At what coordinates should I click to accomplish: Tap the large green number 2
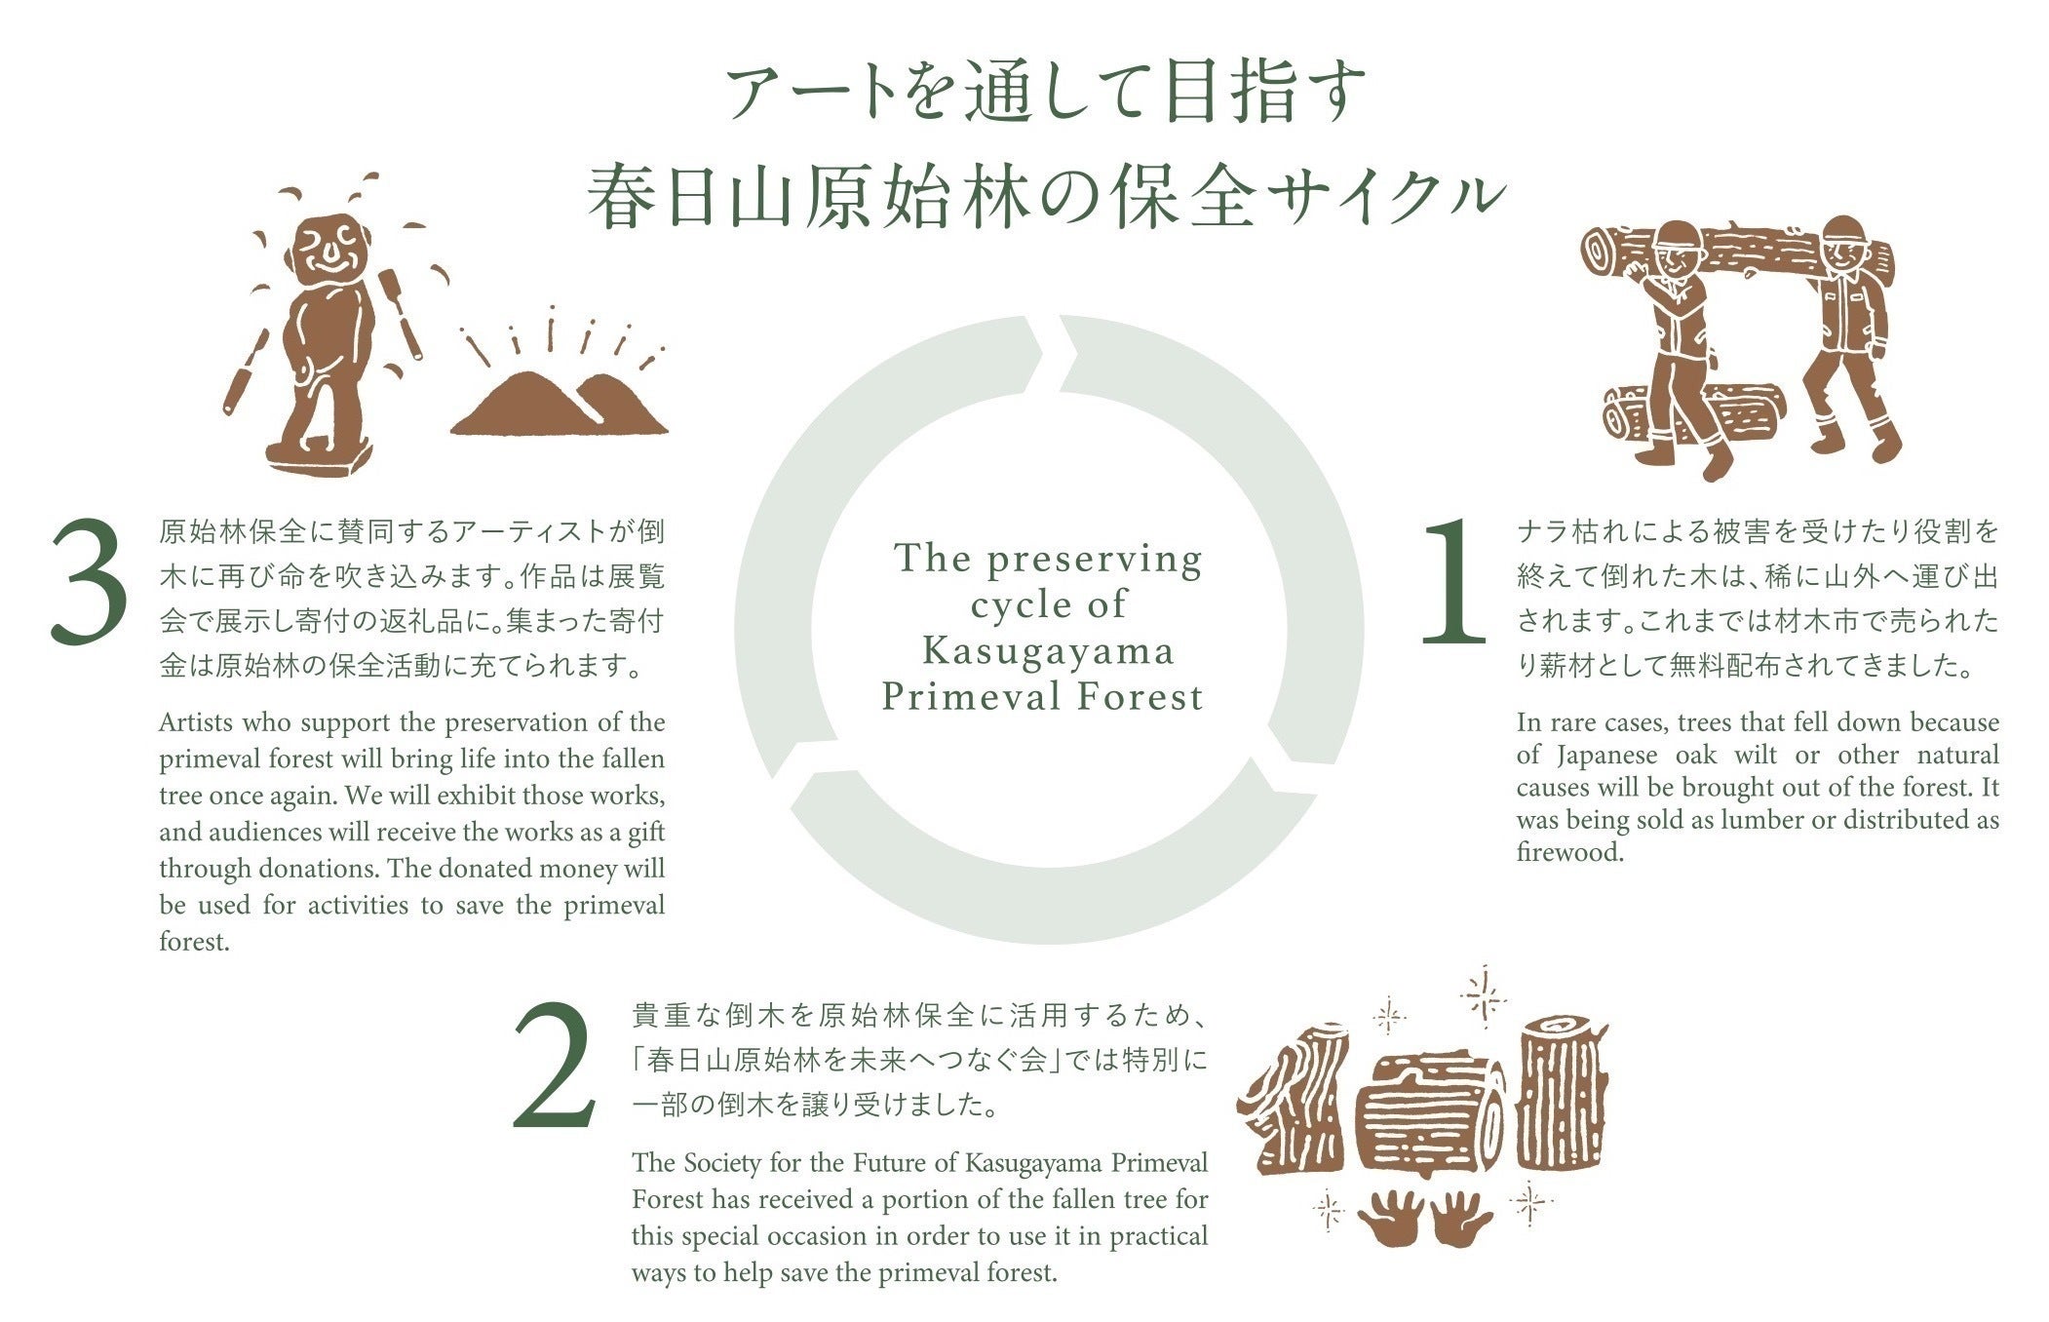[x=555, y=1067]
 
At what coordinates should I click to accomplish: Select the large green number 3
[x=89, y=582]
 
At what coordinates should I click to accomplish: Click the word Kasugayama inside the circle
[x=1048, y=650]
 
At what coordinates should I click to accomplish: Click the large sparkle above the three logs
[x=1485, y=996]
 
